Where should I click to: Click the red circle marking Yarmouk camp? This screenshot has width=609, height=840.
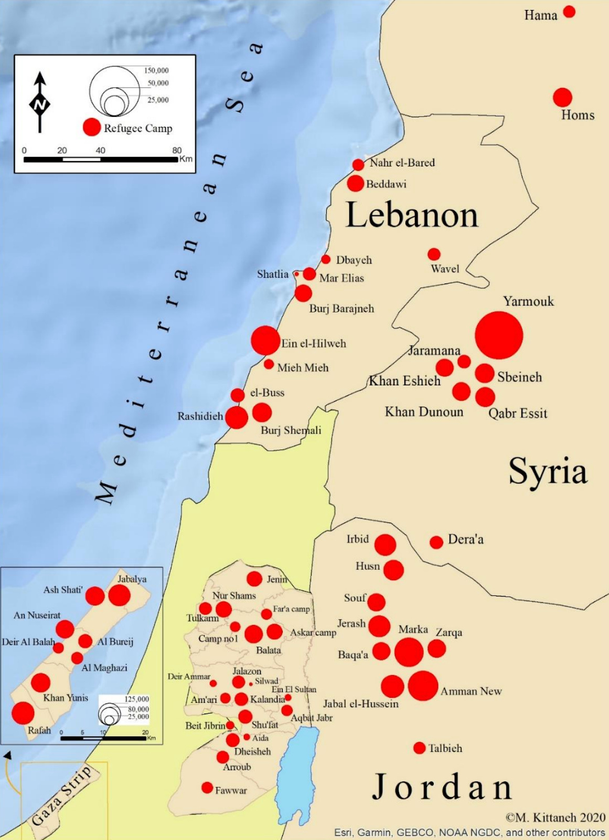point(499,335)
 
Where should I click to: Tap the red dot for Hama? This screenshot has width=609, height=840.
point(569,12)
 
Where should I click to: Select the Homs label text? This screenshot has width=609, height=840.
point(578,115)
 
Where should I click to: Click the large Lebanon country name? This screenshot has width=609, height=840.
point(412,215)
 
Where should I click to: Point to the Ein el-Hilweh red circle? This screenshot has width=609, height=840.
point(265,340)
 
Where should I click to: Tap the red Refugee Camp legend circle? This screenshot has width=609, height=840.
point(92,127)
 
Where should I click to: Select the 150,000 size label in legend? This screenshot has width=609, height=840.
point(156,70)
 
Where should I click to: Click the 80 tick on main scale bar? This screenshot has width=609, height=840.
point(177,151)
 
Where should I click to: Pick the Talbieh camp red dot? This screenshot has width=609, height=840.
point(419,748)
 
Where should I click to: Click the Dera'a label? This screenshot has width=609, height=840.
point(465,539)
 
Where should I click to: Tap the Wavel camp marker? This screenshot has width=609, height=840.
point(434,254)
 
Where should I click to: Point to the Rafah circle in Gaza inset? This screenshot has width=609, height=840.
point(23,713)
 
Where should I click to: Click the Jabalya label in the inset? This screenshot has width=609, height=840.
point(132,579)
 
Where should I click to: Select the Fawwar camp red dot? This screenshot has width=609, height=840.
point(207,787)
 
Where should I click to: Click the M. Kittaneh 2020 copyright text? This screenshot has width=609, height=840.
point(555,817)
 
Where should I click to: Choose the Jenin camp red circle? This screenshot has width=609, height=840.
point(254,579)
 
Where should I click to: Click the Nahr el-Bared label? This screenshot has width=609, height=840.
point(402,163)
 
